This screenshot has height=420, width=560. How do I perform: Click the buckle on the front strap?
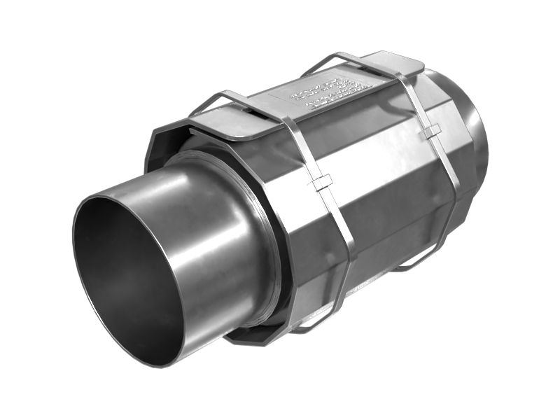[x=323, y=183]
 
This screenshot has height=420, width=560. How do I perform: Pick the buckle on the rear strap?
[x=432, y=130]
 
